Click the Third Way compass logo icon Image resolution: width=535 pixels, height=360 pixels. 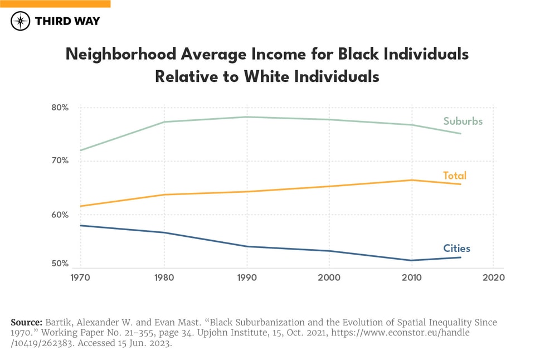click(x=21, y=21)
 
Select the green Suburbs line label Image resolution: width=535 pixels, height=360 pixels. click(x=463, y=121)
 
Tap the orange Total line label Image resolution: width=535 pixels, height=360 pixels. click(x=454, y=176)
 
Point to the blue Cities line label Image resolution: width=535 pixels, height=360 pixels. click(x=456, y=249)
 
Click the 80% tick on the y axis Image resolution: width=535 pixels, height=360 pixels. click(x=57, y=108)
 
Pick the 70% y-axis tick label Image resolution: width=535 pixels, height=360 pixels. click(x=57, y=161)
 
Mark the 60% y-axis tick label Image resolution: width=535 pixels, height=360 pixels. click(x=57, y=215)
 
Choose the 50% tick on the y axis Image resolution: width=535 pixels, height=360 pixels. click(x=57, y=264)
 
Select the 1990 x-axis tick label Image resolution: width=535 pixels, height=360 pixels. click(x=246, y=277)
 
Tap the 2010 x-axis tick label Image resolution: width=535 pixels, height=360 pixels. click(x=411, y=277)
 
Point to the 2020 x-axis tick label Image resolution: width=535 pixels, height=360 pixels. click(x=493, y=277)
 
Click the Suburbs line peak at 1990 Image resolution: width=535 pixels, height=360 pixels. click(x=246, y=117)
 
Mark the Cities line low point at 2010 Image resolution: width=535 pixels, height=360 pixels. click(x=411, y=260)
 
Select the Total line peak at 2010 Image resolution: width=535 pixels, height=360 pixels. click(x=411, y=180)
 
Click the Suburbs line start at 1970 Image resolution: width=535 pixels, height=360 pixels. click(x=80, y=150)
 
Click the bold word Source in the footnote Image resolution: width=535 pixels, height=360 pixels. click(x=25, y=323)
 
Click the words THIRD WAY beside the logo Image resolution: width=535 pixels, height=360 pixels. click(x=67, y=21)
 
